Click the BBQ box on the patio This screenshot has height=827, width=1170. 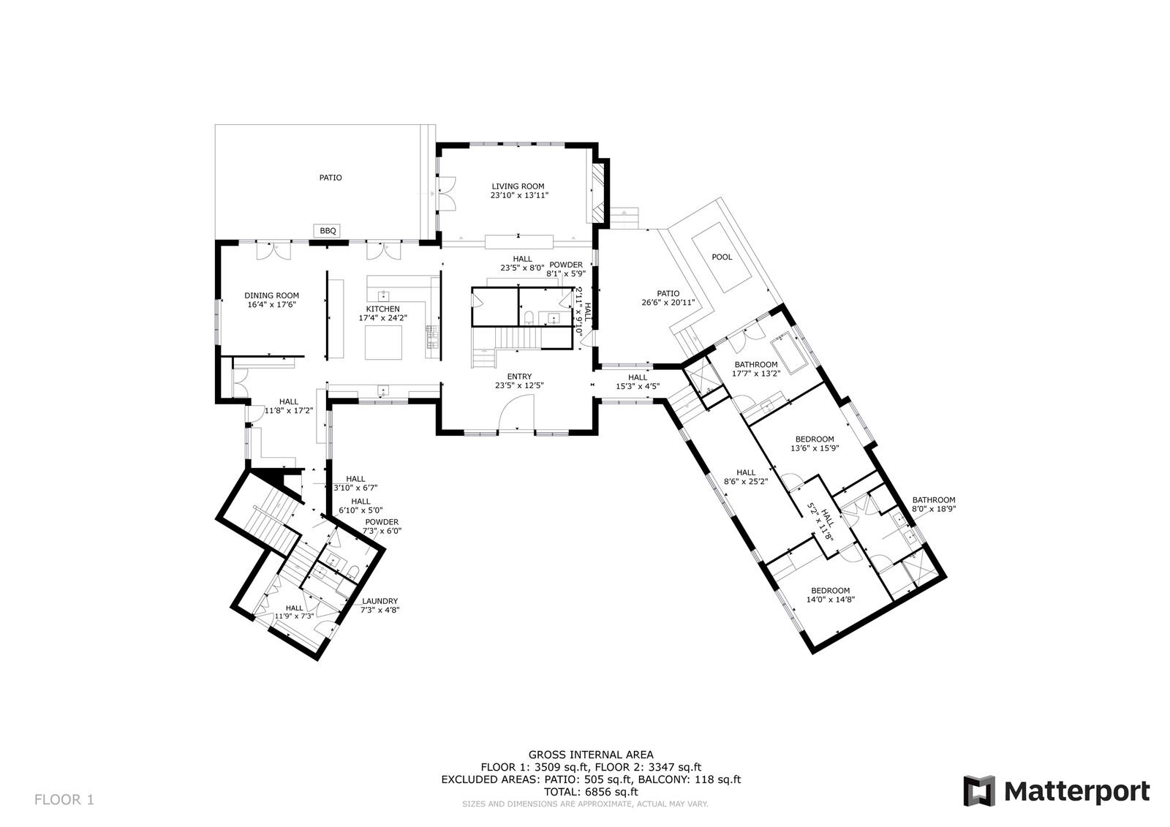tap(328, 230)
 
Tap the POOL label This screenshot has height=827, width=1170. tap(722, 257)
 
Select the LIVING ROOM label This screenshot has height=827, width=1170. tap(518, 186)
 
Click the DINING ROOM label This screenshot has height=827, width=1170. tap(271, 295)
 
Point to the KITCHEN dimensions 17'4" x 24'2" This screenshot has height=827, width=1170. tap(383, 317)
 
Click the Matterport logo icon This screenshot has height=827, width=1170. tap(979, 791)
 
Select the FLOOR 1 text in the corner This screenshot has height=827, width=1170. tap(64, 800)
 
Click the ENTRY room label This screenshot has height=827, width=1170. tap(519, 377)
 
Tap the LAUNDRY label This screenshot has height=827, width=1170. tap(380, 601)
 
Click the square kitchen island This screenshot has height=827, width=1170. tap(383, 343)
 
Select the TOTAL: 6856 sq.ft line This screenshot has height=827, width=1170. tap(591, 792)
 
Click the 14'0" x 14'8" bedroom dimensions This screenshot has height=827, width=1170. tap(831, 600)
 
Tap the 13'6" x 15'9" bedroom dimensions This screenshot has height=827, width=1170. tap(815, 448)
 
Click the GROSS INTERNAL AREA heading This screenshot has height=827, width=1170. tap(591, 755)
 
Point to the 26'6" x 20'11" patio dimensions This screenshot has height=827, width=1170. tap(668, 303)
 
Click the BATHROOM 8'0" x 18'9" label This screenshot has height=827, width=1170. tap(934, 505)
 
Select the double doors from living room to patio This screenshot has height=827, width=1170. tap(447, 193)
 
